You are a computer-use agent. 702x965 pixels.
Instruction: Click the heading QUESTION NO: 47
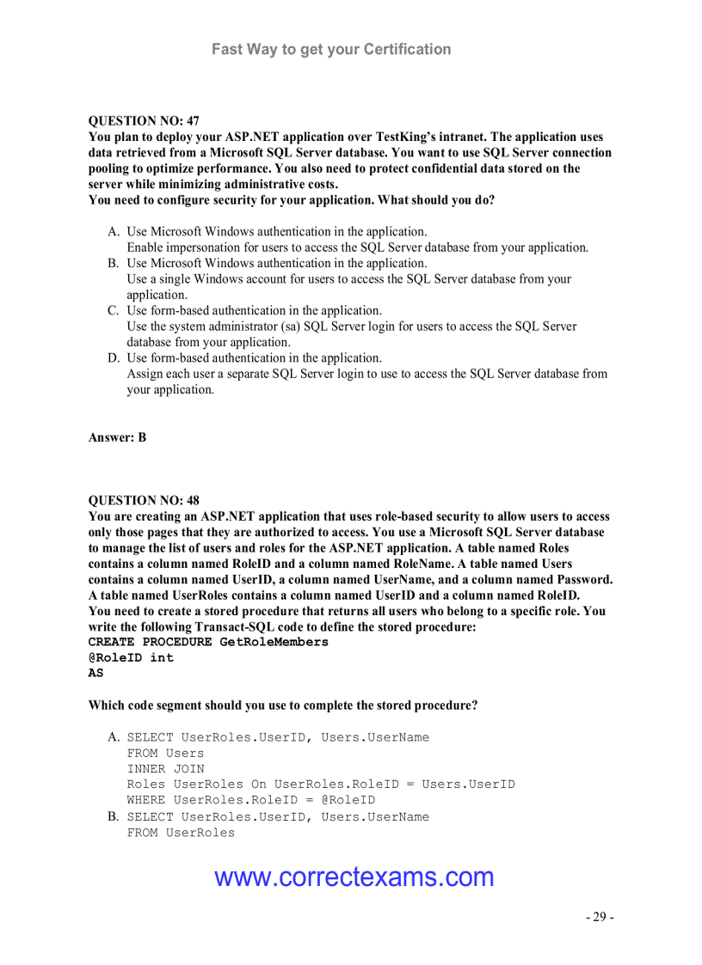pos(144,121)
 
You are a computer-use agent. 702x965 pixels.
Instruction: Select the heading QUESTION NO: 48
pos(144,501)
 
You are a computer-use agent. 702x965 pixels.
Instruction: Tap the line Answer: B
pos(117,437)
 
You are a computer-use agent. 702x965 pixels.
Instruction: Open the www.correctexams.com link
pos(354,877)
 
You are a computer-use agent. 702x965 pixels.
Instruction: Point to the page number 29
pos(600,917)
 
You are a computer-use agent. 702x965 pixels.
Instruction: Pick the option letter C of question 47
pos(114,311)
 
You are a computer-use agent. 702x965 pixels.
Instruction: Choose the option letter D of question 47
pos(114,358)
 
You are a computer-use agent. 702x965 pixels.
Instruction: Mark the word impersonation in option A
pos(203,247)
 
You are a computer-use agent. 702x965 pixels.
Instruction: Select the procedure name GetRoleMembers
pos(274,642)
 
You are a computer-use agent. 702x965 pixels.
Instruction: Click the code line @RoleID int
pos(131,657)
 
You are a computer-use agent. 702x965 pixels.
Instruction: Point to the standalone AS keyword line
pos(95,674)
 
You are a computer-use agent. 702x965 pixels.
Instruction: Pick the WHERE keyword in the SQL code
pos(146,800)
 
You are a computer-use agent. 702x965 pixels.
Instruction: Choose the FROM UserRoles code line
pos(181,833)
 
